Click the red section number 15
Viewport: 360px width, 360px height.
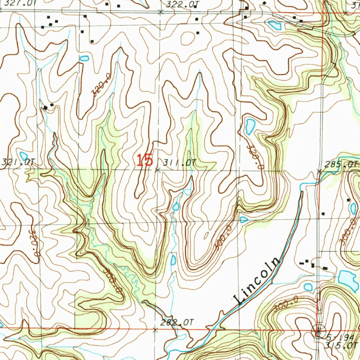coord(145,160)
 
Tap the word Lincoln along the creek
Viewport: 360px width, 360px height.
coord(257,281)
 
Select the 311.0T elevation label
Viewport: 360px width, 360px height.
coord(179,162)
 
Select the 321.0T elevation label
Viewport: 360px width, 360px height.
coord(18,162)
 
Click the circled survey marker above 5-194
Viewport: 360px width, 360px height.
coord(319,330)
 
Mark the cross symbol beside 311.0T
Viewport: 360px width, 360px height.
coord(157,170)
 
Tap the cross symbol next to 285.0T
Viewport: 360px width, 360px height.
coord(319,172)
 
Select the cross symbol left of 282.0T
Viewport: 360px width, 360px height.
coord(155,329)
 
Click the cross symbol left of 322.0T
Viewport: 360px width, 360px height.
coord(161,12)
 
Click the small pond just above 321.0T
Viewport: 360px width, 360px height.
coord(24,155)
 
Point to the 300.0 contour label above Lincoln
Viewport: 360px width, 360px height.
coord(223,238)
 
